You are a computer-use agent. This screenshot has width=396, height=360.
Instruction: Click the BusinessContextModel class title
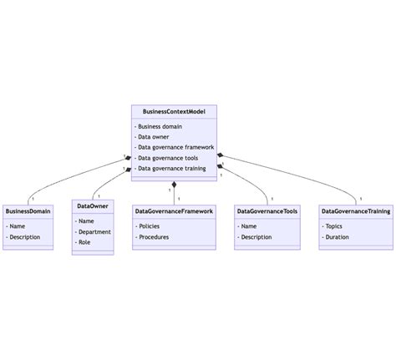174,111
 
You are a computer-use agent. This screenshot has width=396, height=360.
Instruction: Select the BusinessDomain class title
28,211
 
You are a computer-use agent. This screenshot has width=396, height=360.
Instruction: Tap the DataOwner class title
92,206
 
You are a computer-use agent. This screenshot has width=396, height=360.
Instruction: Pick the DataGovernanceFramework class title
174,211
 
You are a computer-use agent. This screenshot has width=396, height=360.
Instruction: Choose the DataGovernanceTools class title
267,211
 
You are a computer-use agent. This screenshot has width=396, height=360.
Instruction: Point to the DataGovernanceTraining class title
355,211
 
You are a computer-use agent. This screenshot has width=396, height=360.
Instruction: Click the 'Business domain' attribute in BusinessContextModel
160,126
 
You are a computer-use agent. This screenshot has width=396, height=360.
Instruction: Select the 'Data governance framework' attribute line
176,147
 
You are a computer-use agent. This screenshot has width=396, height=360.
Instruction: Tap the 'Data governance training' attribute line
172,168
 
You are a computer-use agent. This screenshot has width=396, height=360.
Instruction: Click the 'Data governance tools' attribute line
167,158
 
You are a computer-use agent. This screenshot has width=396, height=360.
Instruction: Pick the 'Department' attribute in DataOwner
95,231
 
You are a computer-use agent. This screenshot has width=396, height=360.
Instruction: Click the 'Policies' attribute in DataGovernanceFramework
150,226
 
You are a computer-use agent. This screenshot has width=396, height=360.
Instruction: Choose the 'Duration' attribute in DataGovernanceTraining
338,237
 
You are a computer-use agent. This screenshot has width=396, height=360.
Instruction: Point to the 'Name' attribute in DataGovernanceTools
249,226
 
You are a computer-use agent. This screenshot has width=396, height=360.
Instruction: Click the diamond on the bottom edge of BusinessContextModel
174,183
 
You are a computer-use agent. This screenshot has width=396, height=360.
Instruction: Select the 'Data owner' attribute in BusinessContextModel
155,137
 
